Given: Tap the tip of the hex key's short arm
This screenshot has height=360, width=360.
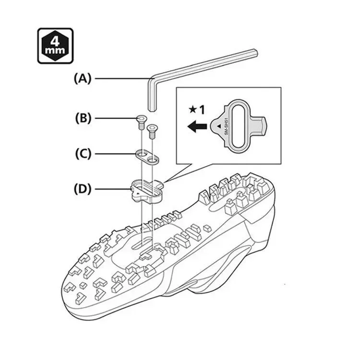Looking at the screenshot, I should [151, 108].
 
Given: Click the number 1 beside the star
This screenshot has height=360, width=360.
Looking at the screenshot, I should [202, 109].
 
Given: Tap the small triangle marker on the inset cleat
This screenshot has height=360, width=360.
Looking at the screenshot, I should [219, 123].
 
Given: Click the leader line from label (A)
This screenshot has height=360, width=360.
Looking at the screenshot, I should [120, 78].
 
